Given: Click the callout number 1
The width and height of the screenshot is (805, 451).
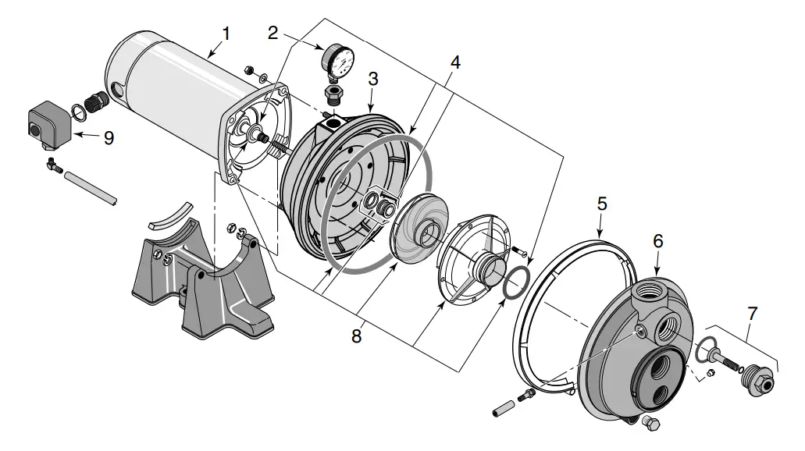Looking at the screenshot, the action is point(226,34).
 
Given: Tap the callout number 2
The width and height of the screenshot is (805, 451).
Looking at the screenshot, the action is point(272,33).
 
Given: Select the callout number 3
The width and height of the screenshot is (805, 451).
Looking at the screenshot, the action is point(373,79).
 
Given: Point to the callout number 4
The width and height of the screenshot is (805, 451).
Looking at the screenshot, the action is point(455,62).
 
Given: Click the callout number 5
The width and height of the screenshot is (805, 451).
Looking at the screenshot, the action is point(602,204).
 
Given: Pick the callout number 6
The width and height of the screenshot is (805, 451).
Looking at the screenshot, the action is point(658,241).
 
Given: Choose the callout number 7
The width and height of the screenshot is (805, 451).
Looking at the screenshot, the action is point(752,314).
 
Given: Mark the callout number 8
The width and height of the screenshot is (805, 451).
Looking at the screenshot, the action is point(356,336).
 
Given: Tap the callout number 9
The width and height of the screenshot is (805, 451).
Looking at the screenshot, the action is point(109,138).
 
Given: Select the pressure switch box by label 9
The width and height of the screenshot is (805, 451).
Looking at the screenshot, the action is point(48,125).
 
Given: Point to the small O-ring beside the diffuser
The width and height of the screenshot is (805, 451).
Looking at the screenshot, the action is point(515,282).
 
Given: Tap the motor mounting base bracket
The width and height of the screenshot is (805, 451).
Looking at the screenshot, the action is point(203,279).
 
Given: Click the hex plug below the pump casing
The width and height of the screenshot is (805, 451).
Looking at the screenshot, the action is point(650,423).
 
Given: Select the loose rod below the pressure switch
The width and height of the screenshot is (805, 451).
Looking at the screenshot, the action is point(91,188).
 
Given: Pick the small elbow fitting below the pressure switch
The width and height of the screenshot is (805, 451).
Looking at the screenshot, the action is point(53,165).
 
